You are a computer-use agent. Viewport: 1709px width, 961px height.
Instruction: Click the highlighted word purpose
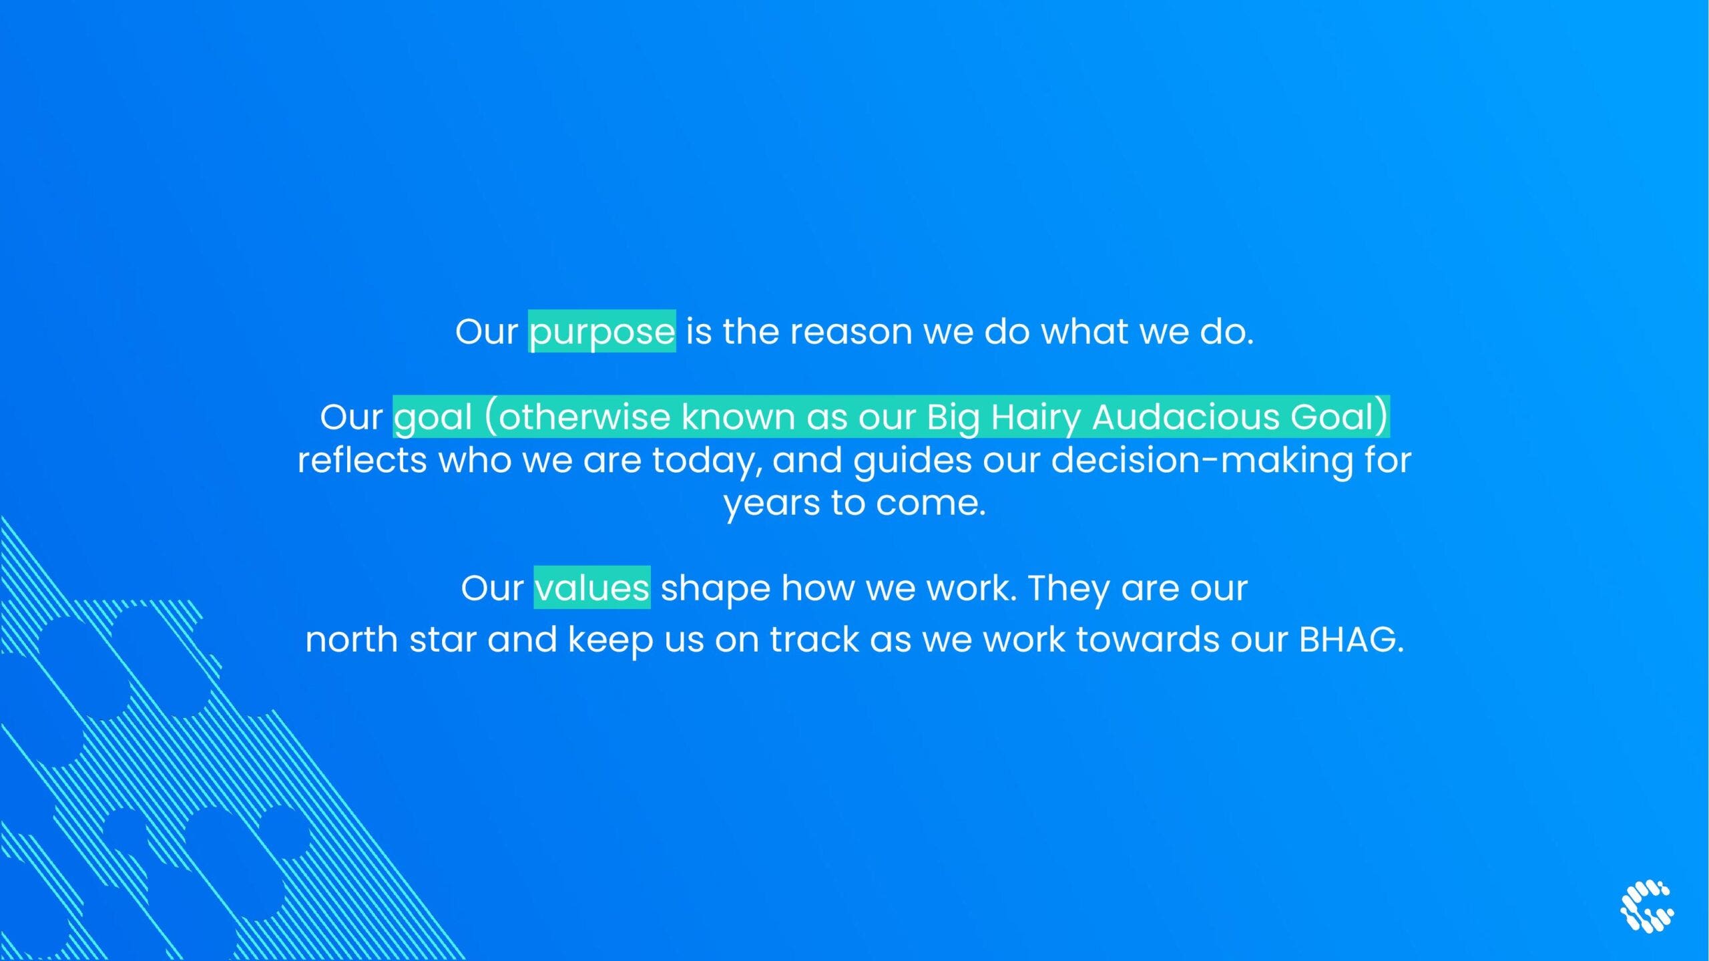point(602,332)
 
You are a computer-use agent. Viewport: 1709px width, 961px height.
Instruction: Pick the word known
point(738,417)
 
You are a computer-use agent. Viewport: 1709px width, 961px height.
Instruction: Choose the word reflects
point(362,460)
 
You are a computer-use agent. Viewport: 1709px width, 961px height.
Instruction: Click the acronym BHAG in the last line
point(1348,640)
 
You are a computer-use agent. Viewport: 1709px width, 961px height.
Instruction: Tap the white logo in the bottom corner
point(1647,906)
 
